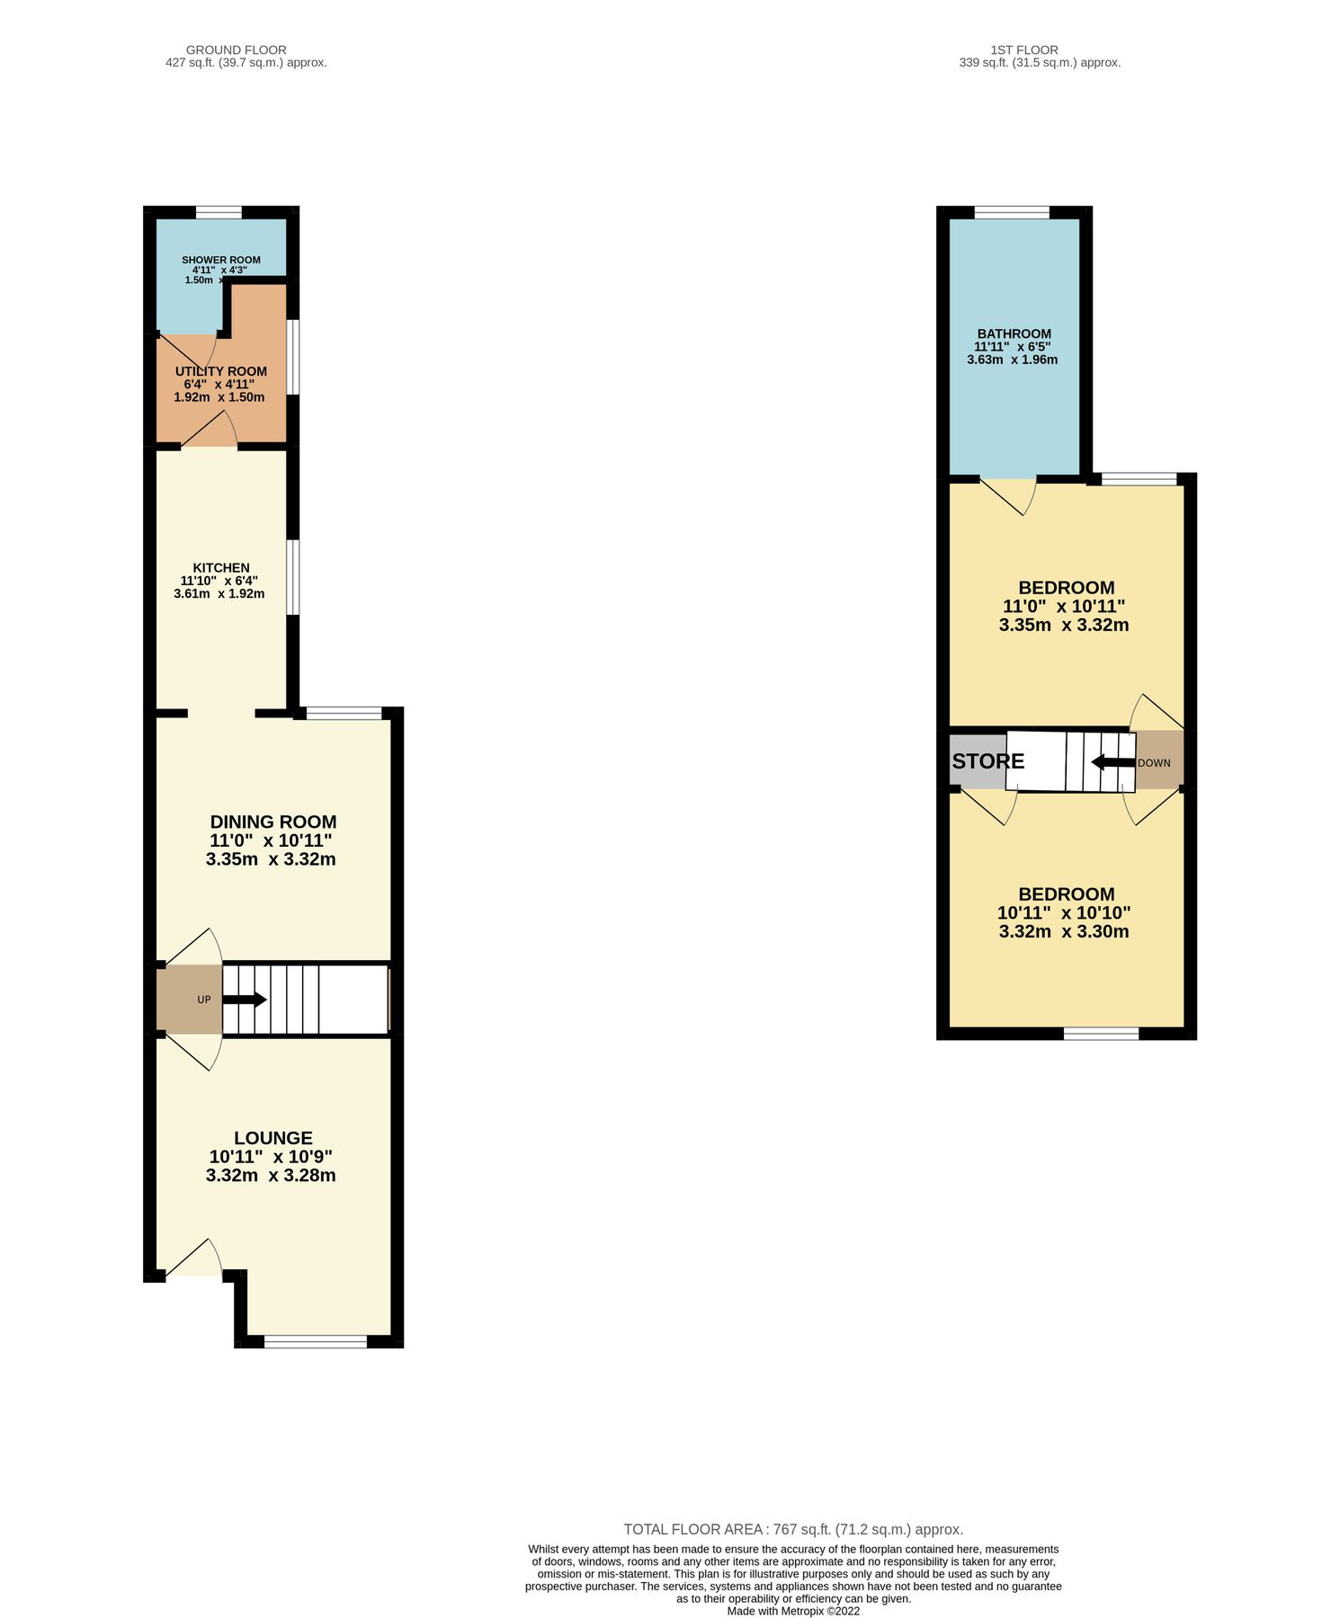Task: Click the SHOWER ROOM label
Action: (x=220, y=260)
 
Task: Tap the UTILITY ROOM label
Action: (x=220, y=371)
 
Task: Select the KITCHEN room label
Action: (x=221, y=567)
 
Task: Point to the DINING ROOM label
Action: (x=273, y=822)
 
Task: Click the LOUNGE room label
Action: (x=273, y=1138)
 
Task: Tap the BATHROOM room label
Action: (x=1014, y=333)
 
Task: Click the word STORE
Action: (x=987, y=761)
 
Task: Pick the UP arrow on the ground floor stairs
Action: (x=245, y=1000)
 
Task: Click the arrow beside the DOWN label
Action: (x=1112, y=762)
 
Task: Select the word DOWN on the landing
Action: (x=1154, y=763)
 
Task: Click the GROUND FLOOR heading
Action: (x=237, y=50)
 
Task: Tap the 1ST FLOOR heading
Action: (x=1024, y=50)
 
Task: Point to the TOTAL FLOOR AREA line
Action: (x=793, y=1529)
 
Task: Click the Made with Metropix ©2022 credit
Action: (x=793, y=1611)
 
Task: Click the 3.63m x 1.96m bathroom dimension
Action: (x=1012, y=360)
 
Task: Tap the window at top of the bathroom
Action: (x=1012, y=213)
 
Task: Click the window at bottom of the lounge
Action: (x=316, y=1342)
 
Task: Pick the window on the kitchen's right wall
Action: (x=293, y=577)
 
